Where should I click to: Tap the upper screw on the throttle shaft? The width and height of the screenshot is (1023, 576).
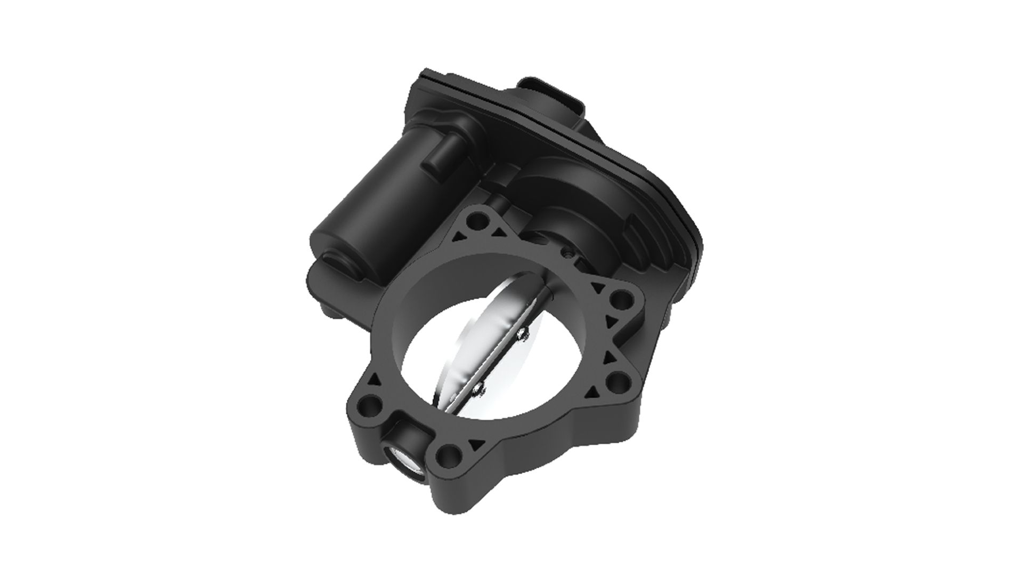point(521,334)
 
